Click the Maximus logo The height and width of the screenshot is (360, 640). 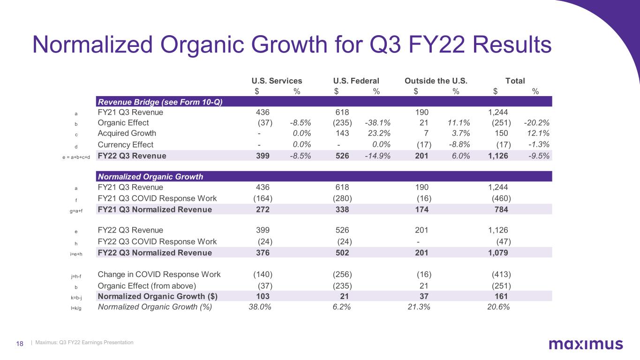[586, 345]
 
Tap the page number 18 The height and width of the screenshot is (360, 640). [20, 343]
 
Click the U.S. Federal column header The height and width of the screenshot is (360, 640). [356, 81]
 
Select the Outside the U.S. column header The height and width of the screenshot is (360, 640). [436, 81]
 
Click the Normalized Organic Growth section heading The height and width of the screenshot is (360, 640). [150, 177]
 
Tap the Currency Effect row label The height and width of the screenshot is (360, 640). [125, 145]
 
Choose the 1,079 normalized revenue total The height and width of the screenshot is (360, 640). [498, 253]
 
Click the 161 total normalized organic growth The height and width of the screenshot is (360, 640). [501, 296]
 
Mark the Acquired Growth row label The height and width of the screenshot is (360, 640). [127, 134]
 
